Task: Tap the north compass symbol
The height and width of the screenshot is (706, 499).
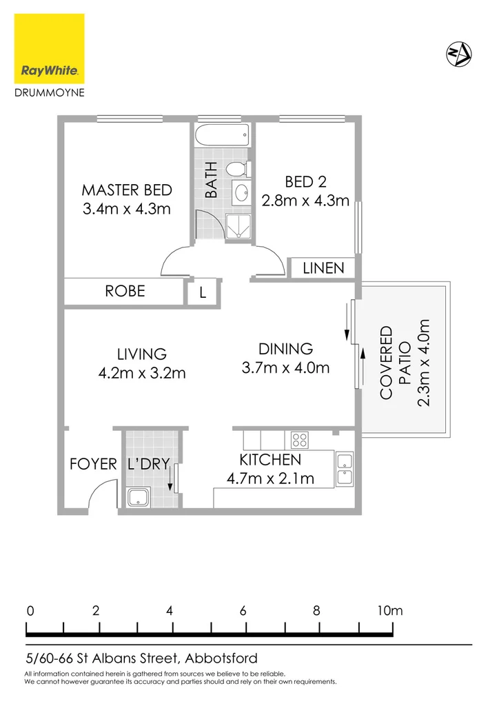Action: [x=458, y=53]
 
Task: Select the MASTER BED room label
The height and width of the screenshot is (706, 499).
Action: [x=127, y=190]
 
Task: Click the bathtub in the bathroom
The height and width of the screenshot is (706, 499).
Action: [x=221, y=136]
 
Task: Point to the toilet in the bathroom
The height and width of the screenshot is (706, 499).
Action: [x=237, y=168]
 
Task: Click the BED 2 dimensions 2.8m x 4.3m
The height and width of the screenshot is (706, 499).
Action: [x=305, y=201]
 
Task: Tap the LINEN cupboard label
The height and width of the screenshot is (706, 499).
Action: [x=323, y=268]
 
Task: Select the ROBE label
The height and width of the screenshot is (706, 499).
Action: [x=125, y=291]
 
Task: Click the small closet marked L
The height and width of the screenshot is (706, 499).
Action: [x=203, y=292]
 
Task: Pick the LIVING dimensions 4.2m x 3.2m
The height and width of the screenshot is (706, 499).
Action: [x=142, y=374]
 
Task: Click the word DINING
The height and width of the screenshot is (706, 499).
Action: [x=285, y=349]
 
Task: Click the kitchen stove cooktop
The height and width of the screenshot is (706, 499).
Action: [x=299, y=439]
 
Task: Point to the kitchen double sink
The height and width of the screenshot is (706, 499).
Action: [x=344, y=469]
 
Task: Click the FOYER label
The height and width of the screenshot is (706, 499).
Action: [x=93, y=465]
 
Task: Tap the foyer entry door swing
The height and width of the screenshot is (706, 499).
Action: [x=101, y=495]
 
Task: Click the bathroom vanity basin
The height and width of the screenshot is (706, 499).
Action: [x=241, y=192]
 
